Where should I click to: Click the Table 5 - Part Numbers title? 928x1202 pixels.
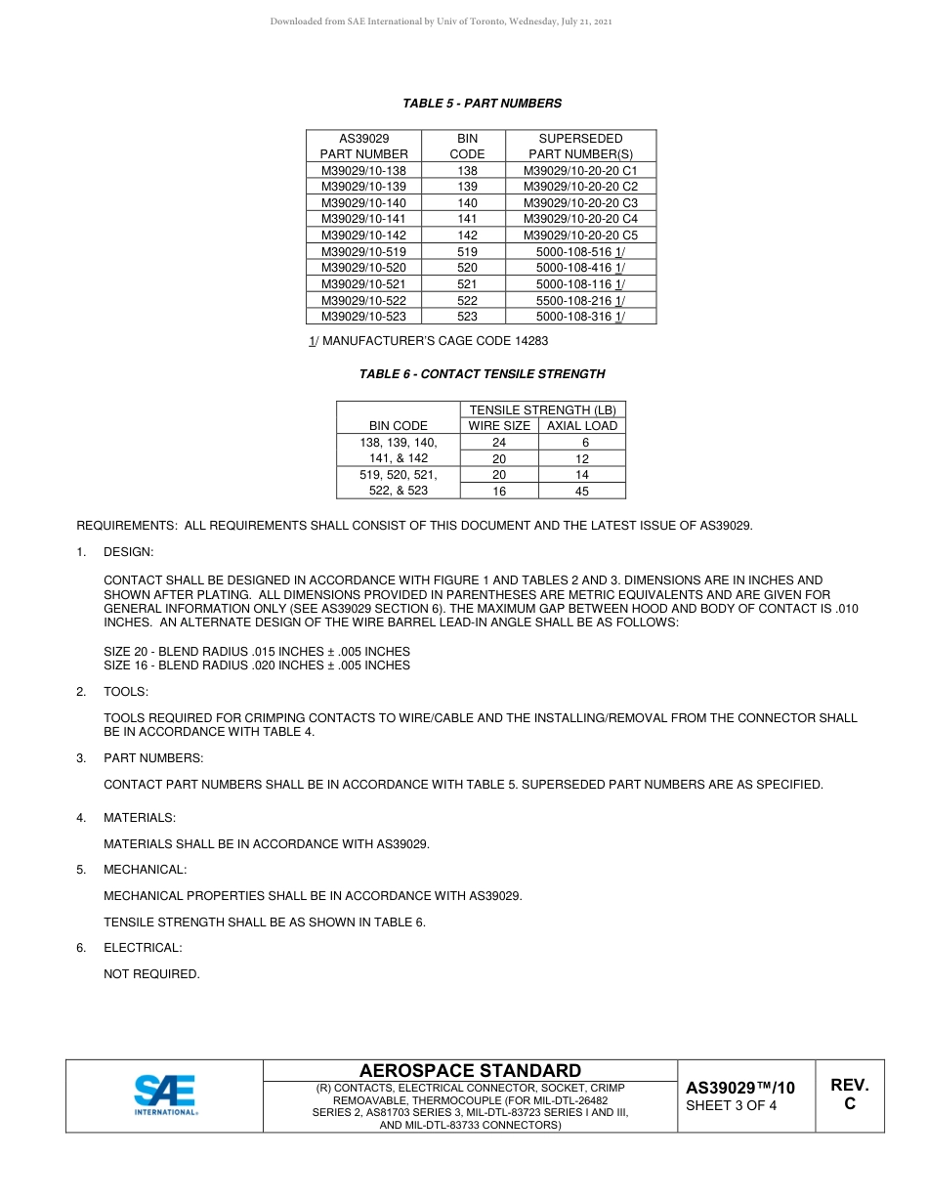click(x=482, y=103)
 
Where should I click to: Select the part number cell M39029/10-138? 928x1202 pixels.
click(x=363, y=170)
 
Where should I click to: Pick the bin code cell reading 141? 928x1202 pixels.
click(x=467, y=219)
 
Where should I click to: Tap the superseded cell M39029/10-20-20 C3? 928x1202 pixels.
click(x=580, y=202)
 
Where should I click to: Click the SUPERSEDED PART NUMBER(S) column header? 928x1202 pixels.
click(x=580, y=146)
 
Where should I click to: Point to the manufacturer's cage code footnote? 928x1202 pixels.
click(x=428, y=341)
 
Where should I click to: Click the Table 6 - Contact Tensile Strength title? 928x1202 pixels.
click(x=482, y=373)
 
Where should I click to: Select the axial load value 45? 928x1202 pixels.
click(x=582, y=492)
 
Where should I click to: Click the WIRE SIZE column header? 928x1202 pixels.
click(x=499, y=426)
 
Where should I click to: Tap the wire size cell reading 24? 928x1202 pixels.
click(x=499, y=443)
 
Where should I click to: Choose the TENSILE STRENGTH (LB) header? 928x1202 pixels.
click(x=542, y=410)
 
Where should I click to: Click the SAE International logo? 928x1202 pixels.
click(x=165, y=1095)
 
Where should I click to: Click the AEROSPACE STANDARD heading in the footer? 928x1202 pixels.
click(x=470, y=1071)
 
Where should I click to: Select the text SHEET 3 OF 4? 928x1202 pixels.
click(x=731, y=1106)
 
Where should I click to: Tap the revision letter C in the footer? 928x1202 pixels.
click(x=849, y=1104)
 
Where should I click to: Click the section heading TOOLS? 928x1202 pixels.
click(x=126, y=692)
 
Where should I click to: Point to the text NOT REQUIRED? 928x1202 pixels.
click(x=151, y=973)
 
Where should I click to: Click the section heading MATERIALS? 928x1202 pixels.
click(x=140, y=818)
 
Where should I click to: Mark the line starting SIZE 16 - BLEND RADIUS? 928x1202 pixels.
click(x=257, y=665)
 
